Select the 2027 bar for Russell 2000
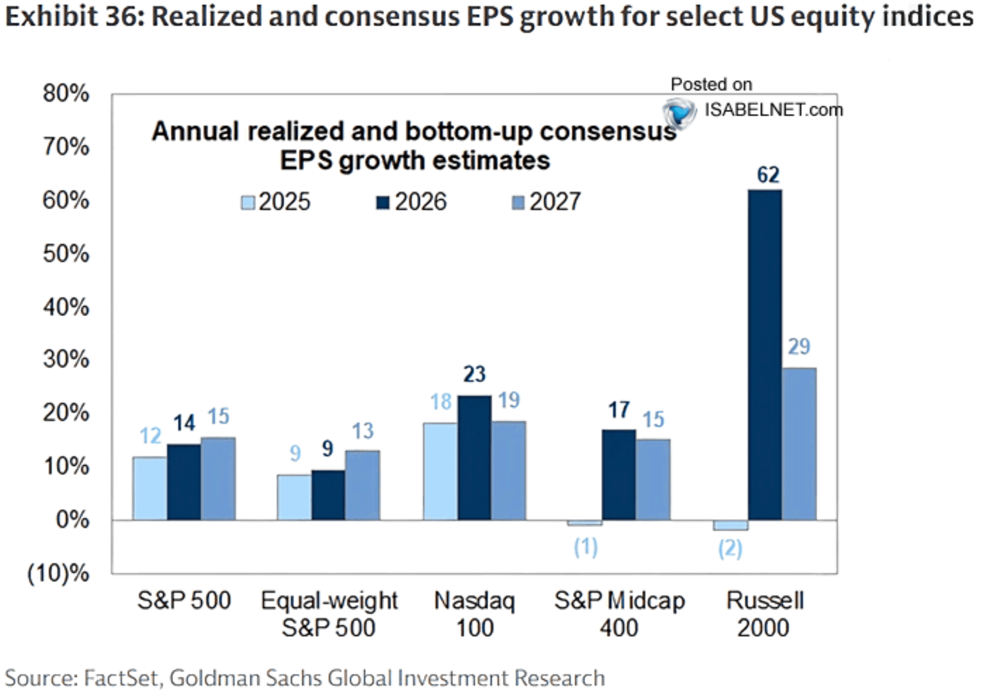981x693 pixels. pyautogui.click(x=799, y=443)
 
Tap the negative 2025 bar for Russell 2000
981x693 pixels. pyautogui.click(x=730, y=525)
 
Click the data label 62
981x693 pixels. pyautogui.click(x=768, y=175)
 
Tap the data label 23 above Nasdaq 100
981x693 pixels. pyautogui.click(x=474, y=374)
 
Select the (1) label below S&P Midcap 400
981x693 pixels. pyautogui.click(x=586, y=547)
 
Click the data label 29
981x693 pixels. pyautogui.click(x=799, y=346)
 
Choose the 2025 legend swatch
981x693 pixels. pyautogui.click(x=248, y=202)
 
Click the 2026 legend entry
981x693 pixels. pyautogui.click(x=412, y=202)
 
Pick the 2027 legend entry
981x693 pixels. pyautogui.click(x=546, y=202)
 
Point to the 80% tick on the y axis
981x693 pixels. pyautogui.click(x=66, y=93)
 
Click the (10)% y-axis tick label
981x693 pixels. pyautogui.click(x=58, y=573)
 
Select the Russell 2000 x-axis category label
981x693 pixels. pyautogui.click(x=764, y=614)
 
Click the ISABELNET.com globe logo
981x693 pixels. pyautogui.click(x=679, y=112)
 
